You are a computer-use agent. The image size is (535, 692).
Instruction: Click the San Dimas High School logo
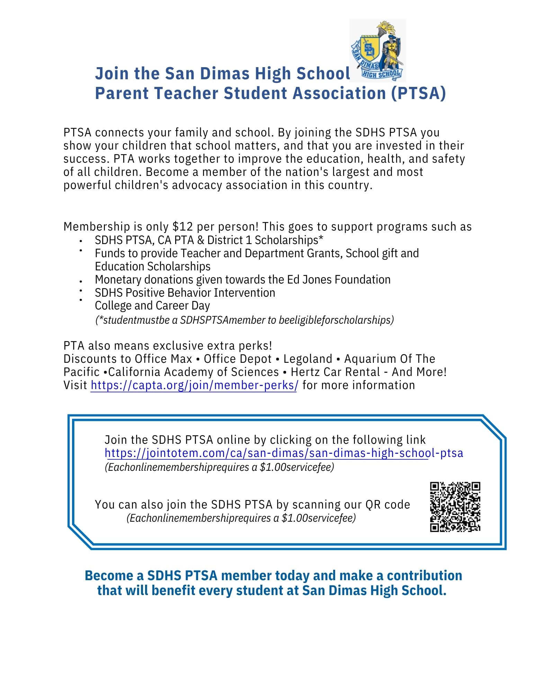pos(377,51)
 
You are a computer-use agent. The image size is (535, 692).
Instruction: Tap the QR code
pos(455,506)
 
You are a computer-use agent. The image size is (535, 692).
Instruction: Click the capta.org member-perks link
pos(194,385)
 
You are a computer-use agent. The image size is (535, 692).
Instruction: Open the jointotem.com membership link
pos(284,453)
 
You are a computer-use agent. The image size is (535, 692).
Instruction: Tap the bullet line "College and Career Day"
pos(152,306)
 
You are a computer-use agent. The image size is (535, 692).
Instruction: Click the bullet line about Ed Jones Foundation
pos(242,280)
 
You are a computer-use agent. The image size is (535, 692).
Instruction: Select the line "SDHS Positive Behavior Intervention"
pos(185,293)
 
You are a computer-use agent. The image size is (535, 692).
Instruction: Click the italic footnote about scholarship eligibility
pos(244,320)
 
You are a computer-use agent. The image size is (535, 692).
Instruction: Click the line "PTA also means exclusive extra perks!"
pos(168,346)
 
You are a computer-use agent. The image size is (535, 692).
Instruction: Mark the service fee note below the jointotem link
pos(219,467)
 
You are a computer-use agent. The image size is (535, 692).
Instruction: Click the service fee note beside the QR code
pos(241,518)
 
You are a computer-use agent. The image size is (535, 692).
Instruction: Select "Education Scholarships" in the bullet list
pos(153,267)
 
